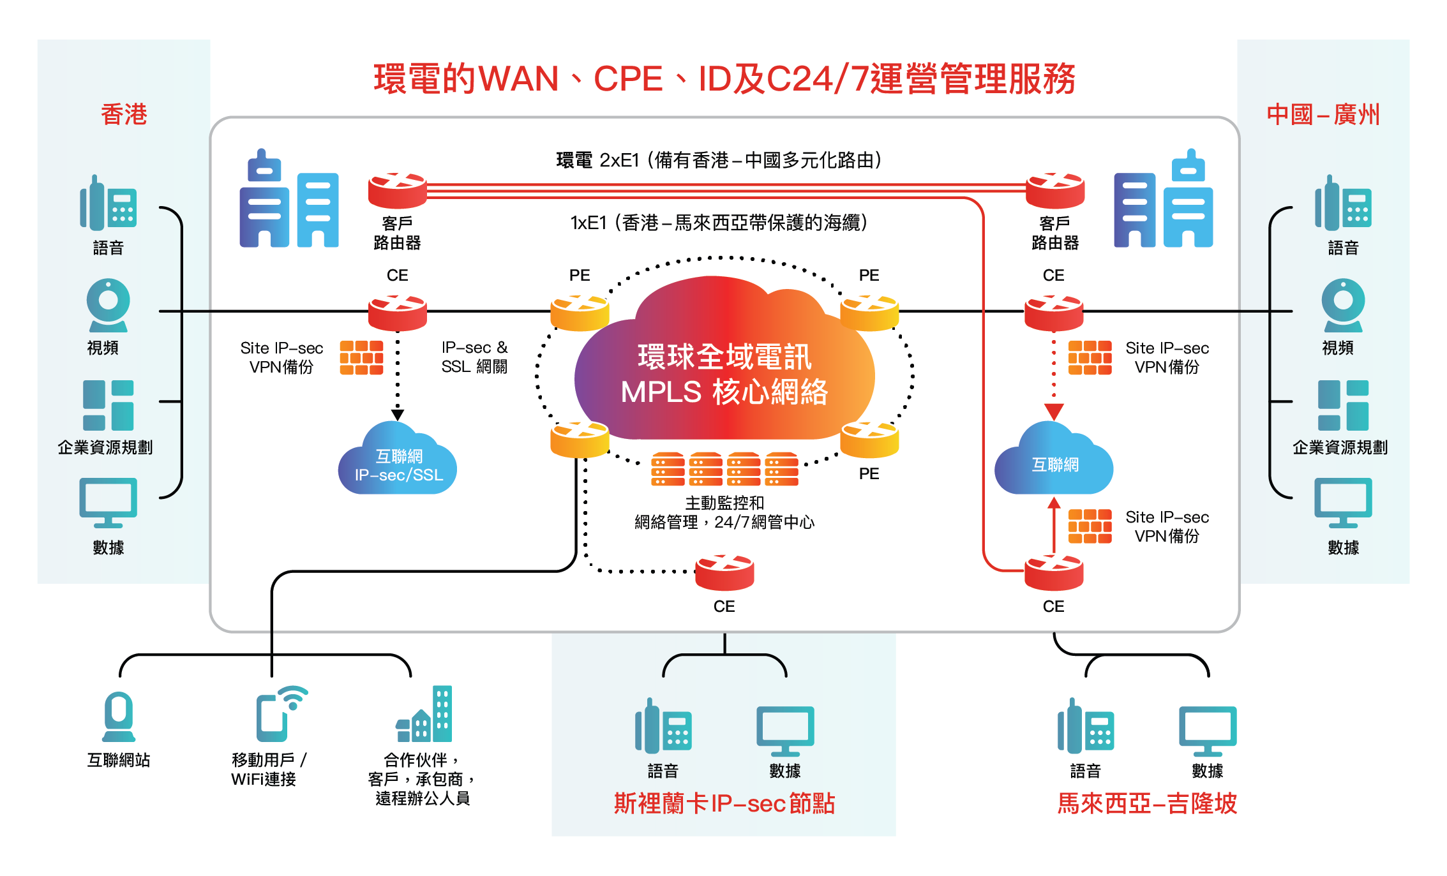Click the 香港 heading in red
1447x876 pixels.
pos(124,115)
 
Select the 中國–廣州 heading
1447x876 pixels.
pos(1323,115)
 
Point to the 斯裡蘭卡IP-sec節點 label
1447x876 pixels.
pos(724,803)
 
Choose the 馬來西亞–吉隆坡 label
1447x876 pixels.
pos(1146,803)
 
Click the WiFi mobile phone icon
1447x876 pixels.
pos(280,714)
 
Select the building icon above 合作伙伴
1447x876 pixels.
pos(424,714)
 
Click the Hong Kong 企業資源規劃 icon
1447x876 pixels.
pos(108,405)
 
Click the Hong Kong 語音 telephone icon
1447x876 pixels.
pos(108,203)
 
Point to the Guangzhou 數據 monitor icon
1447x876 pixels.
pos(1343,503)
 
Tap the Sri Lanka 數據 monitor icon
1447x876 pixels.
pos(785,730)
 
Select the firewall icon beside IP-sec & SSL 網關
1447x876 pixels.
pos(361,357)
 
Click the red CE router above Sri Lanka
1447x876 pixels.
pos(724,572)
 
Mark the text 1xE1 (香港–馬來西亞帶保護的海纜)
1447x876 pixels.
pos(719,223)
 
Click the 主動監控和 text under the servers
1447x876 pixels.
pos(724,503)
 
